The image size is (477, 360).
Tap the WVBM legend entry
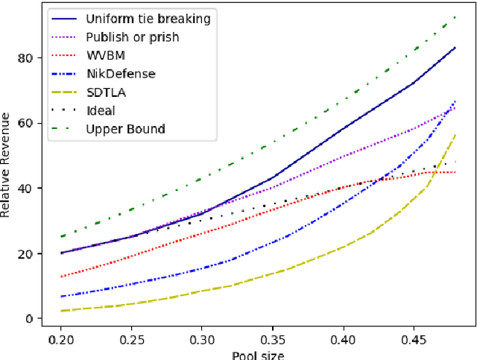[x=105, y=56]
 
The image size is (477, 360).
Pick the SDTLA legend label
[x=105, y=92]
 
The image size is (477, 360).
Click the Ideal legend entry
[x=101, y=111]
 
